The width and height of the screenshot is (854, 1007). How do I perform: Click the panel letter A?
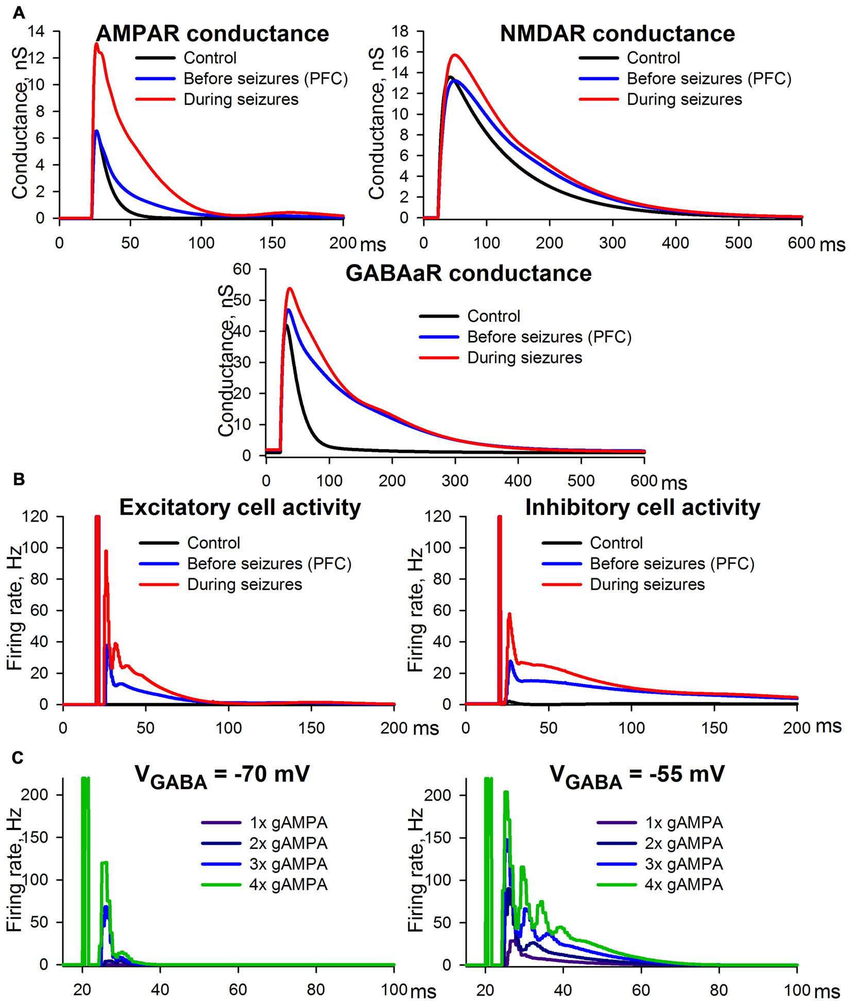[19, 12]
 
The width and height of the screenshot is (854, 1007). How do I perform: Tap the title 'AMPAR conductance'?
[212, 34]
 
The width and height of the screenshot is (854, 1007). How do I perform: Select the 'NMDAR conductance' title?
[617, 34]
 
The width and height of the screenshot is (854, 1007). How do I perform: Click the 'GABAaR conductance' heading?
[468, 273]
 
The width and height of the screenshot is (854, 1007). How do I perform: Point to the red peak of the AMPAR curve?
[96, 44]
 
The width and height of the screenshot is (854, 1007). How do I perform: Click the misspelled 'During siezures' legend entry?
[524, 358]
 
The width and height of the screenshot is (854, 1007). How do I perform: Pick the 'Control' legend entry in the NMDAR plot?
[653, 58]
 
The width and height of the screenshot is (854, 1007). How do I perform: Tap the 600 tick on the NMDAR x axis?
[801, 243]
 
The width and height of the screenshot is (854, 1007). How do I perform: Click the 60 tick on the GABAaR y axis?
[242, 269]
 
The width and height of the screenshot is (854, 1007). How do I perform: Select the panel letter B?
[19, 479]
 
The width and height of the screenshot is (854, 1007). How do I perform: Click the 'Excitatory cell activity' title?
[240, 508]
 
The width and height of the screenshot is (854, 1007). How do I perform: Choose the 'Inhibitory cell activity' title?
[642, 508]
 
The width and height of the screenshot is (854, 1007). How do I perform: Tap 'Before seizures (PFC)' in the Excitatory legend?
[269, 564]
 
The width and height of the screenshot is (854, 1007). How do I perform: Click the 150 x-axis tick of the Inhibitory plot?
[714, 728]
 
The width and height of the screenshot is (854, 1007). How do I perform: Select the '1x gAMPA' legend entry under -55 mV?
[684, 823]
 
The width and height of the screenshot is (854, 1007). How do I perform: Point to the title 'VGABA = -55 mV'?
[637, 775]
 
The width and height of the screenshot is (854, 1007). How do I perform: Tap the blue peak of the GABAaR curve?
[288, 310]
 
